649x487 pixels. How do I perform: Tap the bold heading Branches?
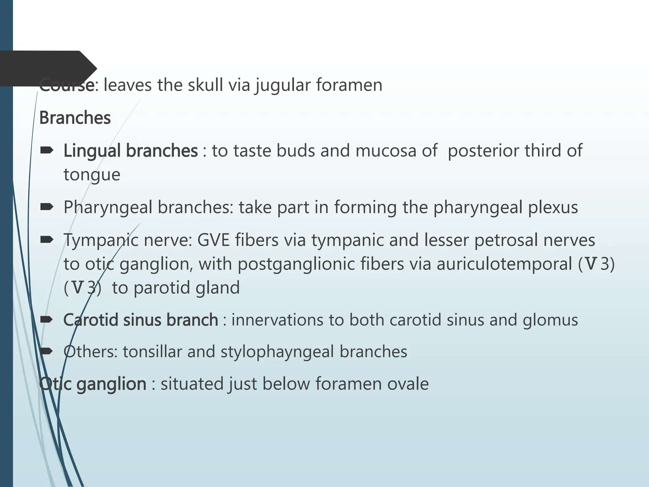75,118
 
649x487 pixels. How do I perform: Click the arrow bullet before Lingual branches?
47,150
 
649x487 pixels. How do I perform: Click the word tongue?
92,175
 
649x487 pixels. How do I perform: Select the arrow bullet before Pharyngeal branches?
47,207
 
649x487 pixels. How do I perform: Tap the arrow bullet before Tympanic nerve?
47,240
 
